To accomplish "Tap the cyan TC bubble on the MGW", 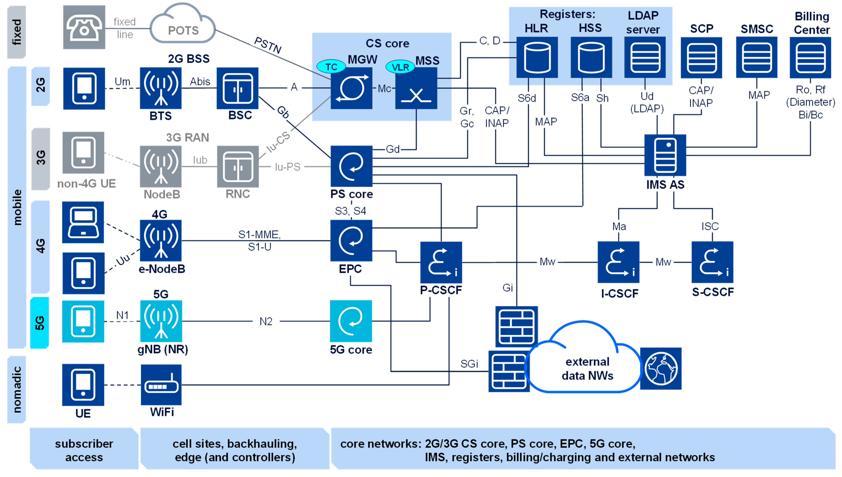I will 331,67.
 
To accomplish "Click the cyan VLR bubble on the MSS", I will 400,67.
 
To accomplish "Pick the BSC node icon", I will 237,88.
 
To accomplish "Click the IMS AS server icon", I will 665,155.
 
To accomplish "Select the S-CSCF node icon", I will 712,262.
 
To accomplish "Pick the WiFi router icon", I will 161,385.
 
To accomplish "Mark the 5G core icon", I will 351,321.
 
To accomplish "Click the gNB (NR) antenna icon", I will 161,321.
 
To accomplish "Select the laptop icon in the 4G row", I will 83,222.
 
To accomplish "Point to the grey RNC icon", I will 237,166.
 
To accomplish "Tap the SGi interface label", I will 469,364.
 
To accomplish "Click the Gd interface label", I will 392,149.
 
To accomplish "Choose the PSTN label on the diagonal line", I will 268,45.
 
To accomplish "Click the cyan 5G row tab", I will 40,323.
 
